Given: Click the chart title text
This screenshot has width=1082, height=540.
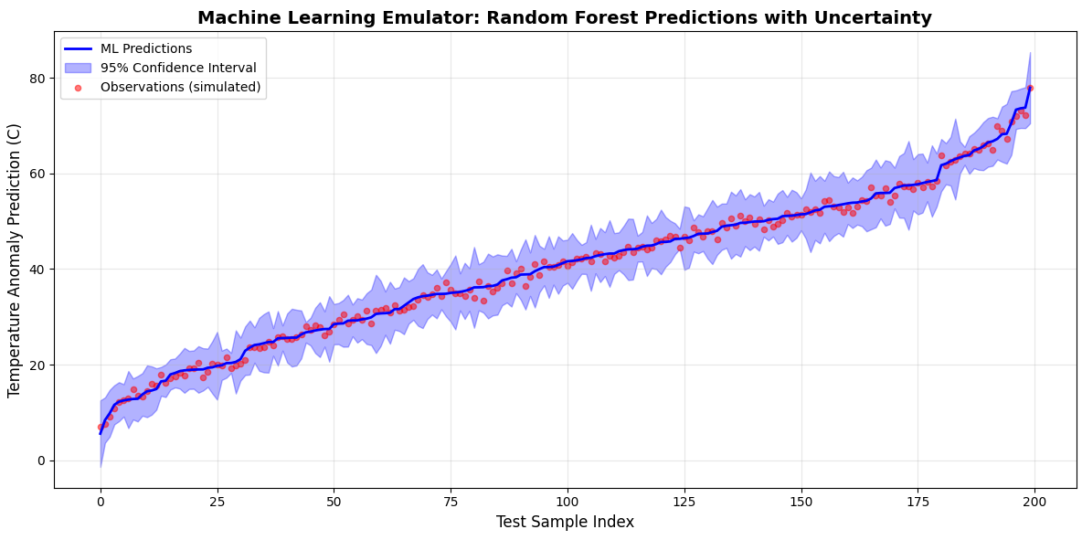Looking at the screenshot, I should (x=565, y=17).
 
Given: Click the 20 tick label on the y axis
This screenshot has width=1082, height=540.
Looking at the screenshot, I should (x=37, y=365).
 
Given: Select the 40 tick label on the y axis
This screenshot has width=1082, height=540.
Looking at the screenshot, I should (x=37, y=270).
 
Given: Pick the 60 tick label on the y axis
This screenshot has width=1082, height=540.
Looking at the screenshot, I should (x=37, y=174).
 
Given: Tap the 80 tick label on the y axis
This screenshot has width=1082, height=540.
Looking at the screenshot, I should (x=37, y=79).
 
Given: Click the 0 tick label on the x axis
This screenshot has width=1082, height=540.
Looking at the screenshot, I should (x=101, y=502).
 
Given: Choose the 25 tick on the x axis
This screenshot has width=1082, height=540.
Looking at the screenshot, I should (x=217, y=502).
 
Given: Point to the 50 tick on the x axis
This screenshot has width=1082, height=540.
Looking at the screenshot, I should (x=334, y=502).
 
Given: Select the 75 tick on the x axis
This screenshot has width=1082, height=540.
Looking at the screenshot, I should (x=451, y=502).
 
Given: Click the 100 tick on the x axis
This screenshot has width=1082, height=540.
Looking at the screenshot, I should (x=568, y=502).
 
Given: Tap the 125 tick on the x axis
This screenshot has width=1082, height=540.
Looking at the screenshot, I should (x=684, y=502).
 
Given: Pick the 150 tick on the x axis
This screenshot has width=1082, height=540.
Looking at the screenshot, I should (x=801, y=502).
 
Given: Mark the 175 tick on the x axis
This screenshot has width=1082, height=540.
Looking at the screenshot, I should (x=918, y=502).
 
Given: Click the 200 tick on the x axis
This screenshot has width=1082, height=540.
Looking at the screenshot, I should (x=1034, y=502).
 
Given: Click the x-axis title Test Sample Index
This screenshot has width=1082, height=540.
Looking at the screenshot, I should (x=565, y=523).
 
